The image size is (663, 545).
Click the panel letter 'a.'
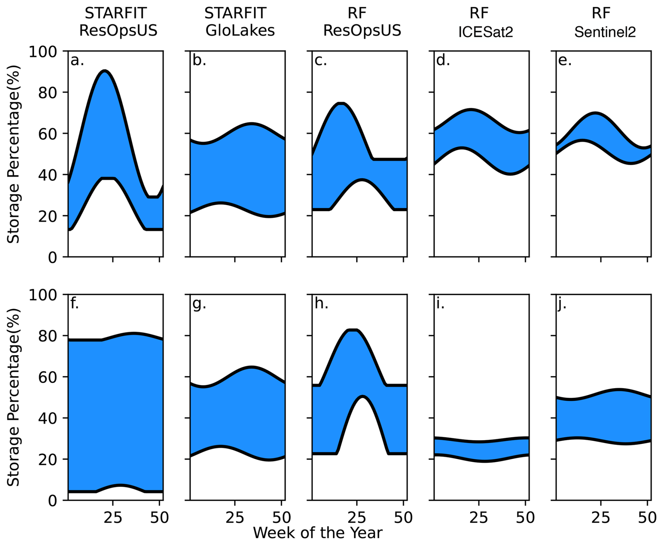coord(77,60)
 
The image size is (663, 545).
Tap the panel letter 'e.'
coord(565,60)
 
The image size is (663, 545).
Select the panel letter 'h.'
coord(321,304)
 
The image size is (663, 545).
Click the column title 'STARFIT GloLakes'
coord(240,22)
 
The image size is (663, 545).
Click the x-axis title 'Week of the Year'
coord(317,533)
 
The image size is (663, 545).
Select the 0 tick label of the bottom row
coord(52,500)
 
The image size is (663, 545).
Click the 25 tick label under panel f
coord(113,518)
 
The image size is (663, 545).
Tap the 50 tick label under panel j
coord(647,518)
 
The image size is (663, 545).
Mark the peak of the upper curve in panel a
coord(105,71)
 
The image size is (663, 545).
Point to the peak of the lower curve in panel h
coord(362,397)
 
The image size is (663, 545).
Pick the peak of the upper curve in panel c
coord(341,104)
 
